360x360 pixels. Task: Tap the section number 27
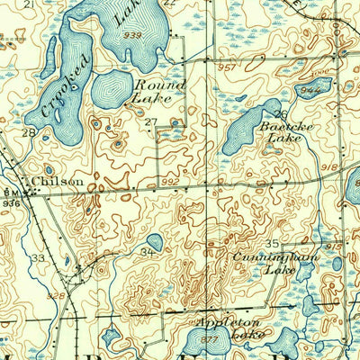point(150,121)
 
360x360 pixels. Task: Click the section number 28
point(29,132)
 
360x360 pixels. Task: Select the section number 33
point(38,258)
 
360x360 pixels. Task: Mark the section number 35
point(272,244)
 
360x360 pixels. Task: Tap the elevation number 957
point(228,67)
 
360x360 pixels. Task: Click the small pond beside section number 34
point(155,241)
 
